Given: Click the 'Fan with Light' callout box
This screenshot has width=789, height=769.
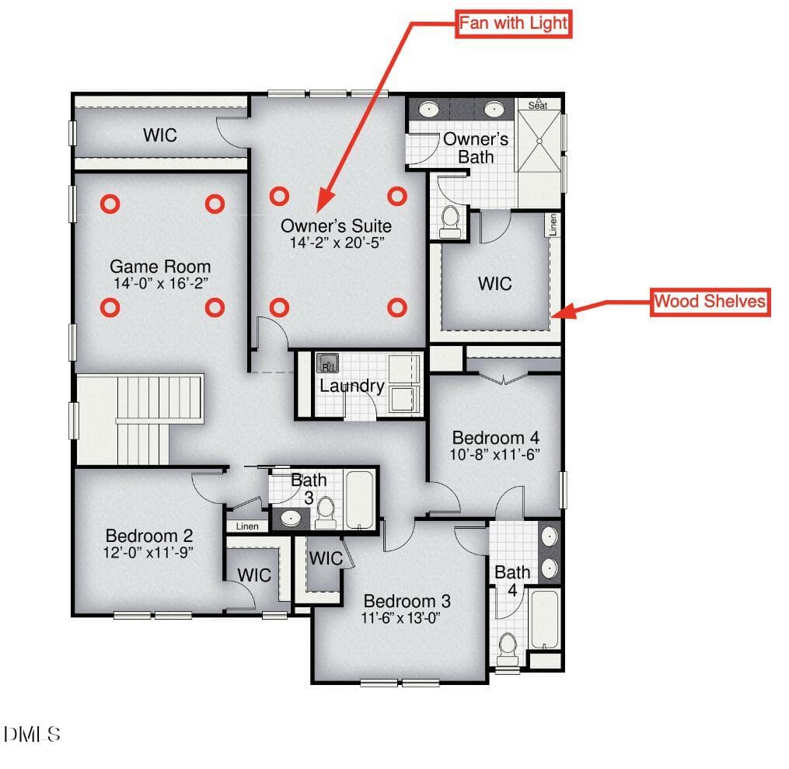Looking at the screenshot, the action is coord(513,23).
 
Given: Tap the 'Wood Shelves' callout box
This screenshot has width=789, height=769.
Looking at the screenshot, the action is coord(710,302).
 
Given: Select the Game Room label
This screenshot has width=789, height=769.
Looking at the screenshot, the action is coord(160,266).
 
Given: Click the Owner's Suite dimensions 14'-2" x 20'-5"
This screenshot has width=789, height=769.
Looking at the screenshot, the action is coord(337,243).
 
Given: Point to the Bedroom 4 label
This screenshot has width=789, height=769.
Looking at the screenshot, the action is coord(496,437).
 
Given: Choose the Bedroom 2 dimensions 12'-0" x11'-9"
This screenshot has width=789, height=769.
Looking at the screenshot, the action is coord(148,553).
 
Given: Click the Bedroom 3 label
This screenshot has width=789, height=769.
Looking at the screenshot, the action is coord(407,601).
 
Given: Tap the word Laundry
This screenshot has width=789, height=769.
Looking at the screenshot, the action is coord(351,386).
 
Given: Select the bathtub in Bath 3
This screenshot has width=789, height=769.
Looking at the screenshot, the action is coord(360,500).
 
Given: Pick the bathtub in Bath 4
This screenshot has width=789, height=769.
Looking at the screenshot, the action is coord(545,620).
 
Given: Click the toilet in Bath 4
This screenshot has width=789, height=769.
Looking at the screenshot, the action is coord(508,650).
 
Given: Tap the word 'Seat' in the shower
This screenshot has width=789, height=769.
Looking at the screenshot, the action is coord(537,105).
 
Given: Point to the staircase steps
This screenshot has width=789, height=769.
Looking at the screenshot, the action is coord(142,420).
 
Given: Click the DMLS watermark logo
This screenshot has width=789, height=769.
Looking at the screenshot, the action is coord(32,734).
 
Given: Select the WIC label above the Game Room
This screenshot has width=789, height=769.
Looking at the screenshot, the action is coord(160,135).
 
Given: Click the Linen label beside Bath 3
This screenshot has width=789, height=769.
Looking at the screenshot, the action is coord(247,526).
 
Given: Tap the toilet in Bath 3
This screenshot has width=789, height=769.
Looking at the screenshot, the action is coord(326,512).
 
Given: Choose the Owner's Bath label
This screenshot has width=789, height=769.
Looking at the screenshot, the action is coord(476,148).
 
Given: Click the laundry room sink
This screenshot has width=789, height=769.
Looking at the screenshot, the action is coord(327,362).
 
